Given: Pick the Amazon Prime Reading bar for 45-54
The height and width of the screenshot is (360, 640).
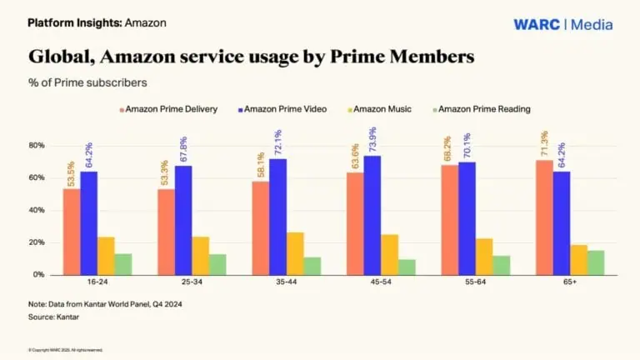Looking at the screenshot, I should pyautogui.click(x=407, y=267).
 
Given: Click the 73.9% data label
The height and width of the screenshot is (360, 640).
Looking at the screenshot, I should pyautogui.click(x=373, y=137).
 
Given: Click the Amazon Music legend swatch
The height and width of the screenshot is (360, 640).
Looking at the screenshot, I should pyautogui.click(x=334, y=109).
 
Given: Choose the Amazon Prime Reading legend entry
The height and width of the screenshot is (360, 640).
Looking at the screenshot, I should pyautogui.click(x=482, y=109).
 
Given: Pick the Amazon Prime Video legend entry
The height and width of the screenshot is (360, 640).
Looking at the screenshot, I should pyautogui.click(x=280, y=109).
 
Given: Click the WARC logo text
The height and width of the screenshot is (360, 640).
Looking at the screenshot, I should pyautogui.click(x=537, y=24).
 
